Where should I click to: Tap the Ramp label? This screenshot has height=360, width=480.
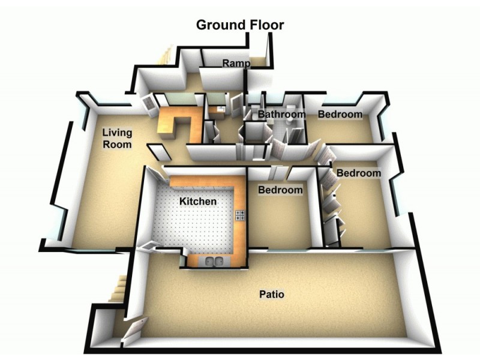coord(236,64)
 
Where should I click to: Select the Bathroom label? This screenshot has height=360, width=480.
coord(281,114)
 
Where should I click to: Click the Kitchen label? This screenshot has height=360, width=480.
coord(198,202)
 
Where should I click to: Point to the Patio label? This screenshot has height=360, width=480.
coord(272,295)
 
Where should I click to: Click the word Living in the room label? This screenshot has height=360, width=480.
coord(117,133)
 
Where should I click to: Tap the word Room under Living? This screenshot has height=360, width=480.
coord(117,144)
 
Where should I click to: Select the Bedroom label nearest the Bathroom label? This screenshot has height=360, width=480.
coord(340,114)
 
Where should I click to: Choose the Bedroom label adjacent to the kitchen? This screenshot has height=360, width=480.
coord(280,190)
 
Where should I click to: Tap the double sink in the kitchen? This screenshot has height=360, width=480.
coord(214,262)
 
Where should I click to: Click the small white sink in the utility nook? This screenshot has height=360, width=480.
coord(221,109)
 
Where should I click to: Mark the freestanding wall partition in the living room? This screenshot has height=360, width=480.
coord(159,152)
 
